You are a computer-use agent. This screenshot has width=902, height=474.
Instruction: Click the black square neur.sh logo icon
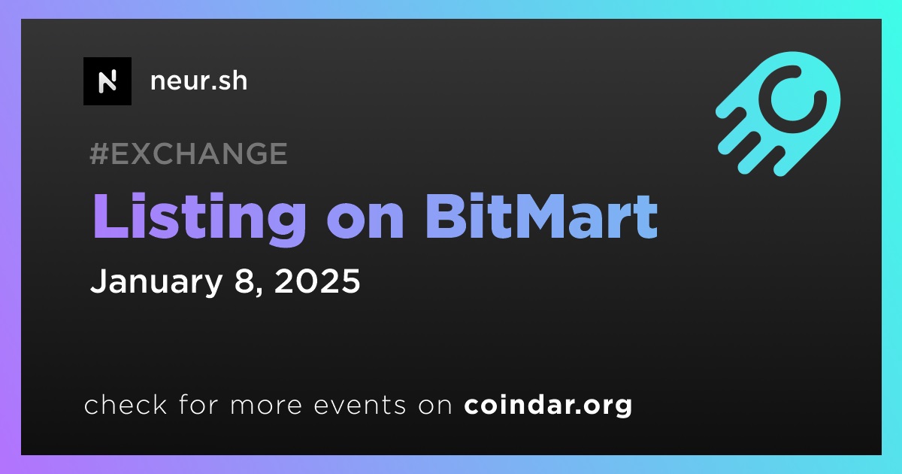tap(107, 81)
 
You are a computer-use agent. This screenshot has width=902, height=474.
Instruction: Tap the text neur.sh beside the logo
tap(199, 81)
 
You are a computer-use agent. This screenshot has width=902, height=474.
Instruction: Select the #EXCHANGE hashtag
tap(189, 153)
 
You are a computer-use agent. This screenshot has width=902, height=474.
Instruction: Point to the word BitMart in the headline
tap(542, 217)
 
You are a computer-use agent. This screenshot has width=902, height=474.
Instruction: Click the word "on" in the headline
tap(365, 223)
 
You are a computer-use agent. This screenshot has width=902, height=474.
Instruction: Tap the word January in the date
tap(156, 281)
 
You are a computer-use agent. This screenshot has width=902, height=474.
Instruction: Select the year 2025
tap(317, 281)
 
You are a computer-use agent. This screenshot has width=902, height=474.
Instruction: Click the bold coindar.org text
tap(548, 405)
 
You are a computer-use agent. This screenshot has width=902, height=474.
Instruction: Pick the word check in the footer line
tap(126, 405)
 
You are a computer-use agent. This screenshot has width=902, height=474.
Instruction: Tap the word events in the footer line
tap(360, 406)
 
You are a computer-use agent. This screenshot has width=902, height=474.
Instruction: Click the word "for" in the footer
tap(198, 405)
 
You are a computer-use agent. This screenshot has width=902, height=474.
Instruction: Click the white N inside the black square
tap(107, 81)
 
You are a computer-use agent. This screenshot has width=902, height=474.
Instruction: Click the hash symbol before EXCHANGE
tap(98, 153)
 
